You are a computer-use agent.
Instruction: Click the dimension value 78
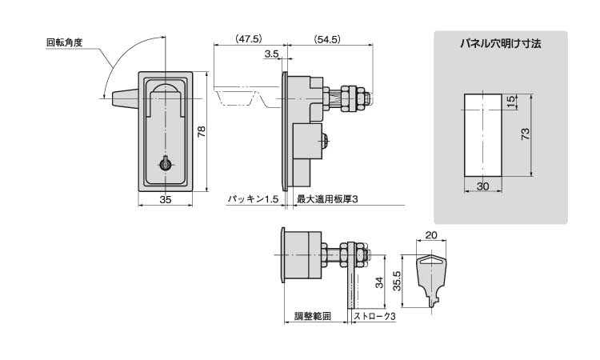pyautogui.click(x=202, y=131)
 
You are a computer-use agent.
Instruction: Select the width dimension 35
pyautogui.click(x=166, y=199)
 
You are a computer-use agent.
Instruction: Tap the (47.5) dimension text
pyautogui.click(x=249, y=38)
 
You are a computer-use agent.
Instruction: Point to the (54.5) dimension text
pyautogui.click(x=328, y=38)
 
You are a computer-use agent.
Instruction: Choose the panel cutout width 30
pyautogui.click(x=482, y=186)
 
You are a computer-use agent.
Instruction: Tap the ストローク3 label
pyautogui.click(x=374, y=317)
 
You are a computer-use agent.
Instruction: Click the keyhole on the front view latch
pyautogui.click(x=166, y=162)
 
